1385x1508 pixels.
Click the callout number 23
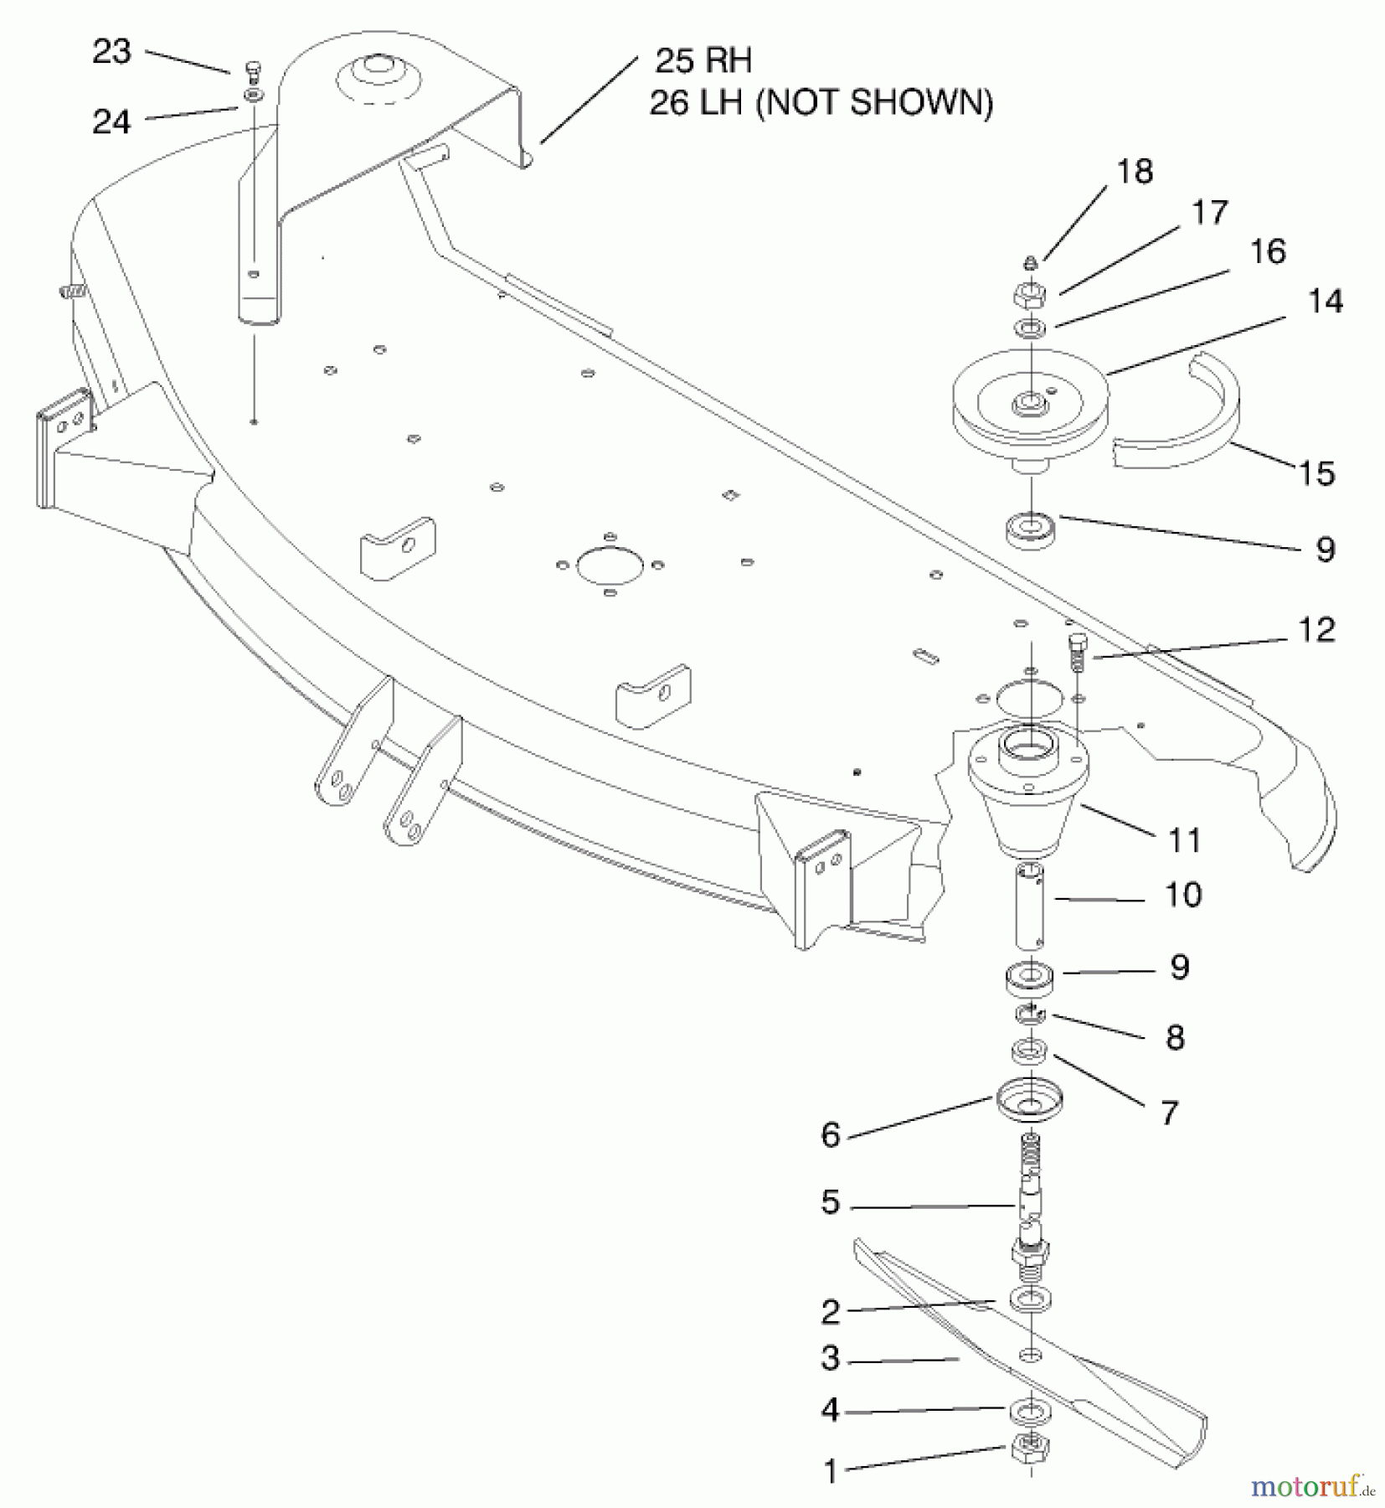click(x=111, y=52)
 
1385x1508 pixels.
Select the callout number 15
click(x=1315, y=473)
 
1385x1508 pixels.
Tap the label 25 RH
click(x=703, y=60)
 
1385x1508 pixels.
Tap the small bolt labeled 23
click(x=253, y=69)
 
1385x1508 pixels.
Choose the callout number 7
click(x=1169, y=1113)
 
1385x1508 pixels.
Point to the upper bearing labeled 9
click(x=1030, y=531)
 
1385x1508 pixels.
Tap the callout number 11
click(x=1184, y=839)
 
